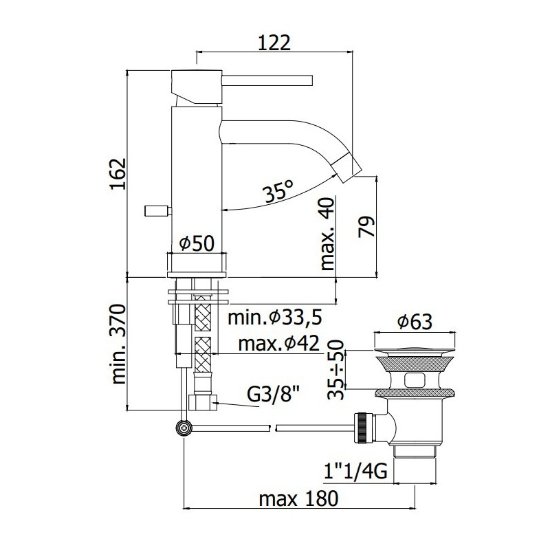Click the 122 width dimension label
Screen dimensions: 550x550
pyautogui.click(x=274, y=43)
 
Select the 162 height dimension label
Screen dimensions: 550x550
pyautogui.click(x=118, y=175)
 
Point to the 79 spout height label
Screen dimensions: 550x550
pyautogui.click(x=366, y=227)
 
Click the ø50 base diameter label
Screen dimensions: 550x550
pyautogui.click(x=197, y=243)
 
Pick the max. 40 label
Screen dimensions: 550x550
pyautogui.click(x=328, y=234)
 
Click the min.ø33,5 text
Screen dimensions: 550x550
pyautogui.click(x=275, y=318)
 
